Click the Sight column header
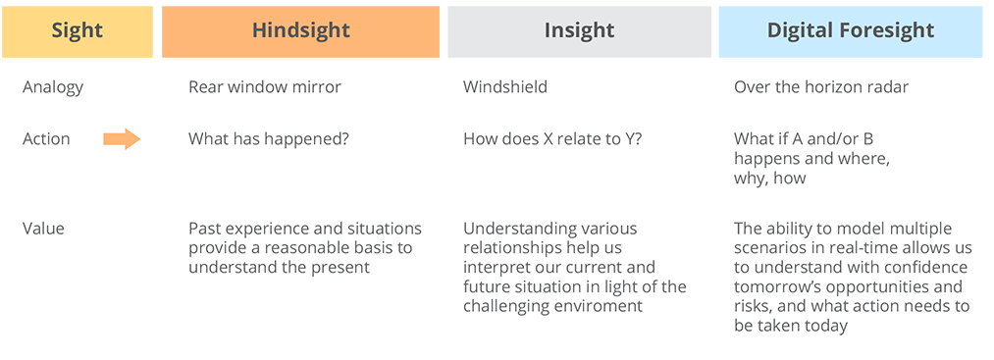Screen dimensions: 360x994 click(x=77, y=30)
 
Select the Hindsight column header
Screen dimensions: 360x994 click(x=300, y=30)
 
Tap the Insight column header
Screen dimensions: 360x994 click(x=579, y=30)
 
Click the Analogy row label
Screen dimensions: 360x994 click(x=53, y=87)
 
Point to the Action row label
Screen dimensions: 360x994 click(x=46, y=139)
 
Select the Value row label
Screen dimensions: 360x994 click(x=43, y=229)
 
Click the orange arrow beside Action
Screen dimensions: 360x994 click(x=122, y=139)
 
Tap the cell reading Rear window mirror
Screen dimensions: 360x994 click(x=265, y=87)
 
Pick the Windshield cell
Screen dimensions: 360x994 click(x=505, y=87)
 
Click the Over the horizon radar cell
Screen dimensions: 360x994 click(x=821, y=87)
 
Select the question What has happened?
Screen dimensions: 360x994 click(x=268, y=139)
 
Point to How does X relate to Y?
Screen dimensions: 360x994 click(x=552, y=139)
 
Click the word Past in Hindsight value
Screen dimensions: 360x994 click(x=205, y=229)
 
